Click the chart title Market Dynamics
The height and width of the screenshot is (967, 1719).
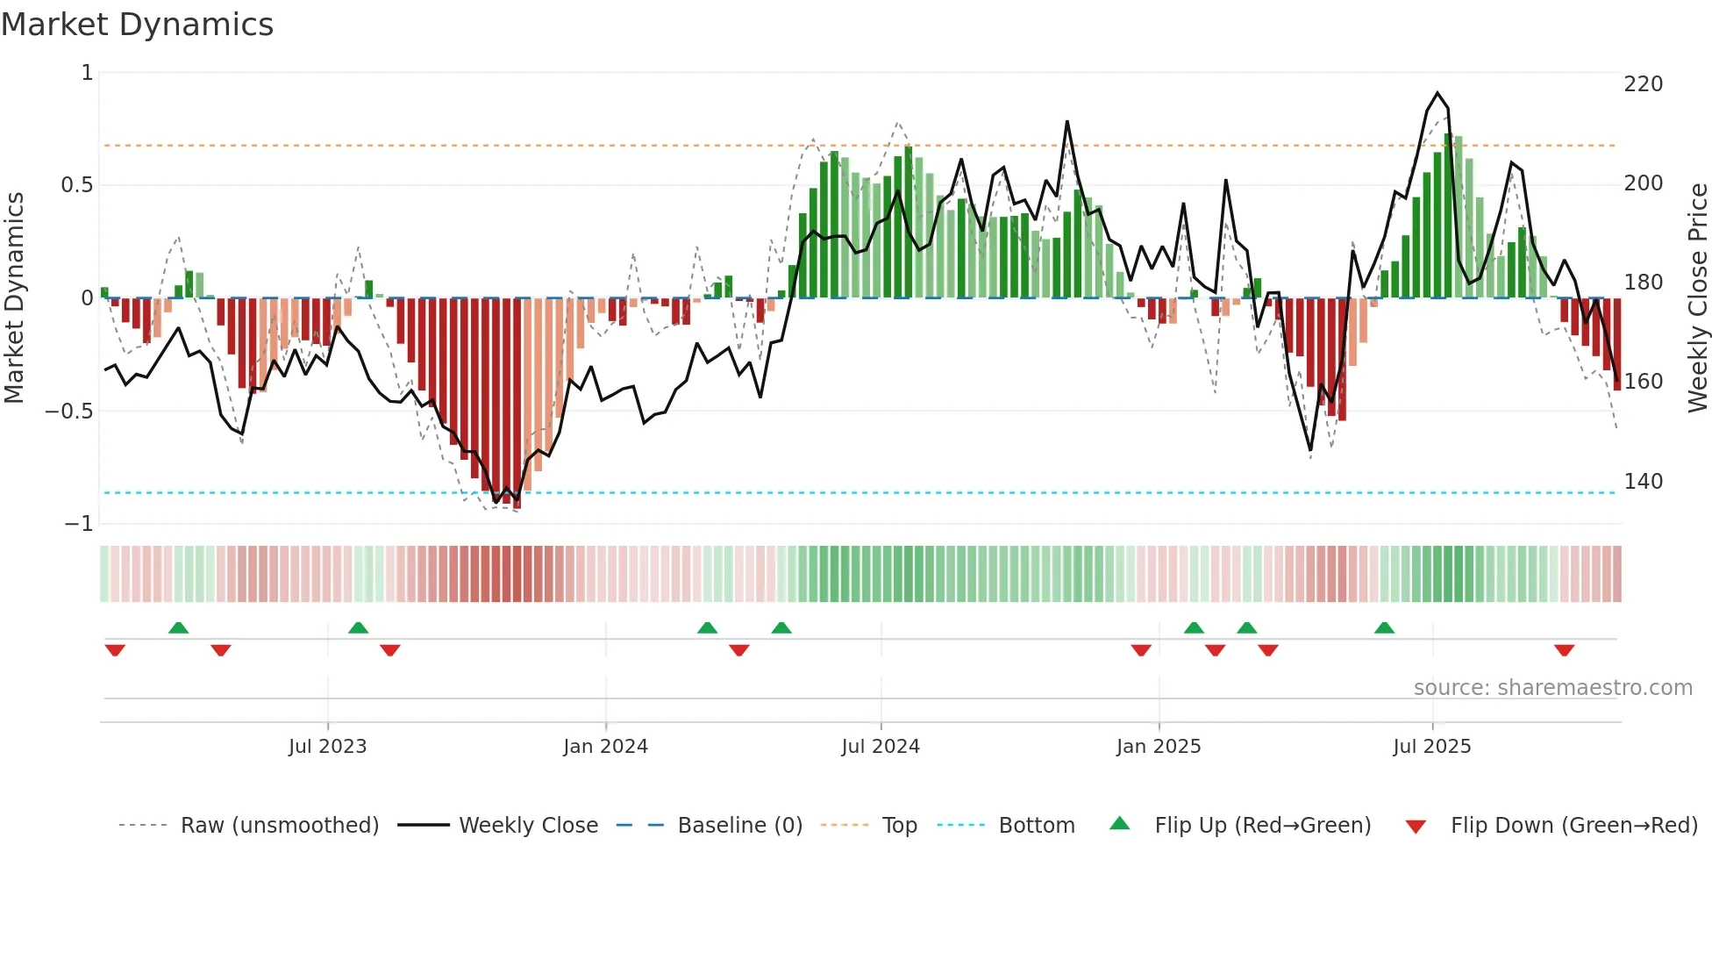click(x=137, y=25)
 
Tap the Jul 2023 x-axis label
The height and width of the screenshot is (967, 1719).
click(x=327, y=747)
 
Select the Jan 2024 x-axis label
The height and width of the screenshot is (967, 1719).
click(x=605, y=747)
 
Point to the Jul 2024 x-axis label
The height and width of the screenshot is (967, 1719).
click(x=881, y=747)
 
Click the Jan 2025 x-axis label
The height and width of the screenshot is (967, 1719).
click(x=1159, y=747)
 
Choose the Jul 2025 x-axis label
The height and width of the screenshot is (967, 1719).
click(x=1431, y=747)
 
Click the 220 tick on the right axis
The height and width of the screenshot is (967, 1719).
click(x=1643, y=84)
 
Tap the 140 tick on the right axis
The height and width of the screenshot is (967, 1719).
click(x=1643, y=482)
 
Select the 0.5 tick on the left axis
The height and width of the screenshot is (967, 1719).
click(x=76, y=185)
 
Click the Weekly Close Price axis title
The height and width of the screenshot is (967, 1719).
click(x=1698, y=298)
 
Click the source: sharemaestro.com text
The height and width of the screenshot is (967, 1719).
click(x=1552, y=688)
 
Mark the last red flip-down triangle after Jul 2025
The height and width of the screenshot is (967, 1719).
click(x=1564, y=650)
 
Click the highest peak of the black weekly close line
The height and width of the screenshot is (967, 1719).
click(x=1437, y=93)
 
